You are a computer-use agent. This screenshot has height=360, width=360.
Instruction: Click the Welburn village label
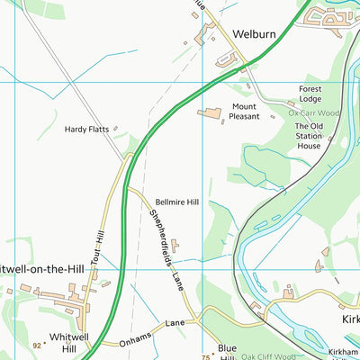click(x=254, y=34)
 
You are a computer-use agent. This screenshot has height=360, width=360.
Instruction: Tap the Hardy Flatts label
click(x=86, y=130)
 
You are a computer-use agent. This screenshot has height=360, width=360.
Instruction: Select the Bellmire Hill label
click(x=176, y=203)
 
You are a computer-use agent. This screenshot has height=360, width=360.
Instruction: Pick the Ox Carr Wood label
click(x=314, y=113)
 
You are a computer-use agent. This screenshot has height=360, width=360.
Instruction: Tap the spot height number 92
click(x=37, y=345)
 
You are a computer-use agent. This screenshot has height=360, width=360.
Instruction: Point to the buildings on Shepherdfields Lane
click(x=175, y=244)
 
